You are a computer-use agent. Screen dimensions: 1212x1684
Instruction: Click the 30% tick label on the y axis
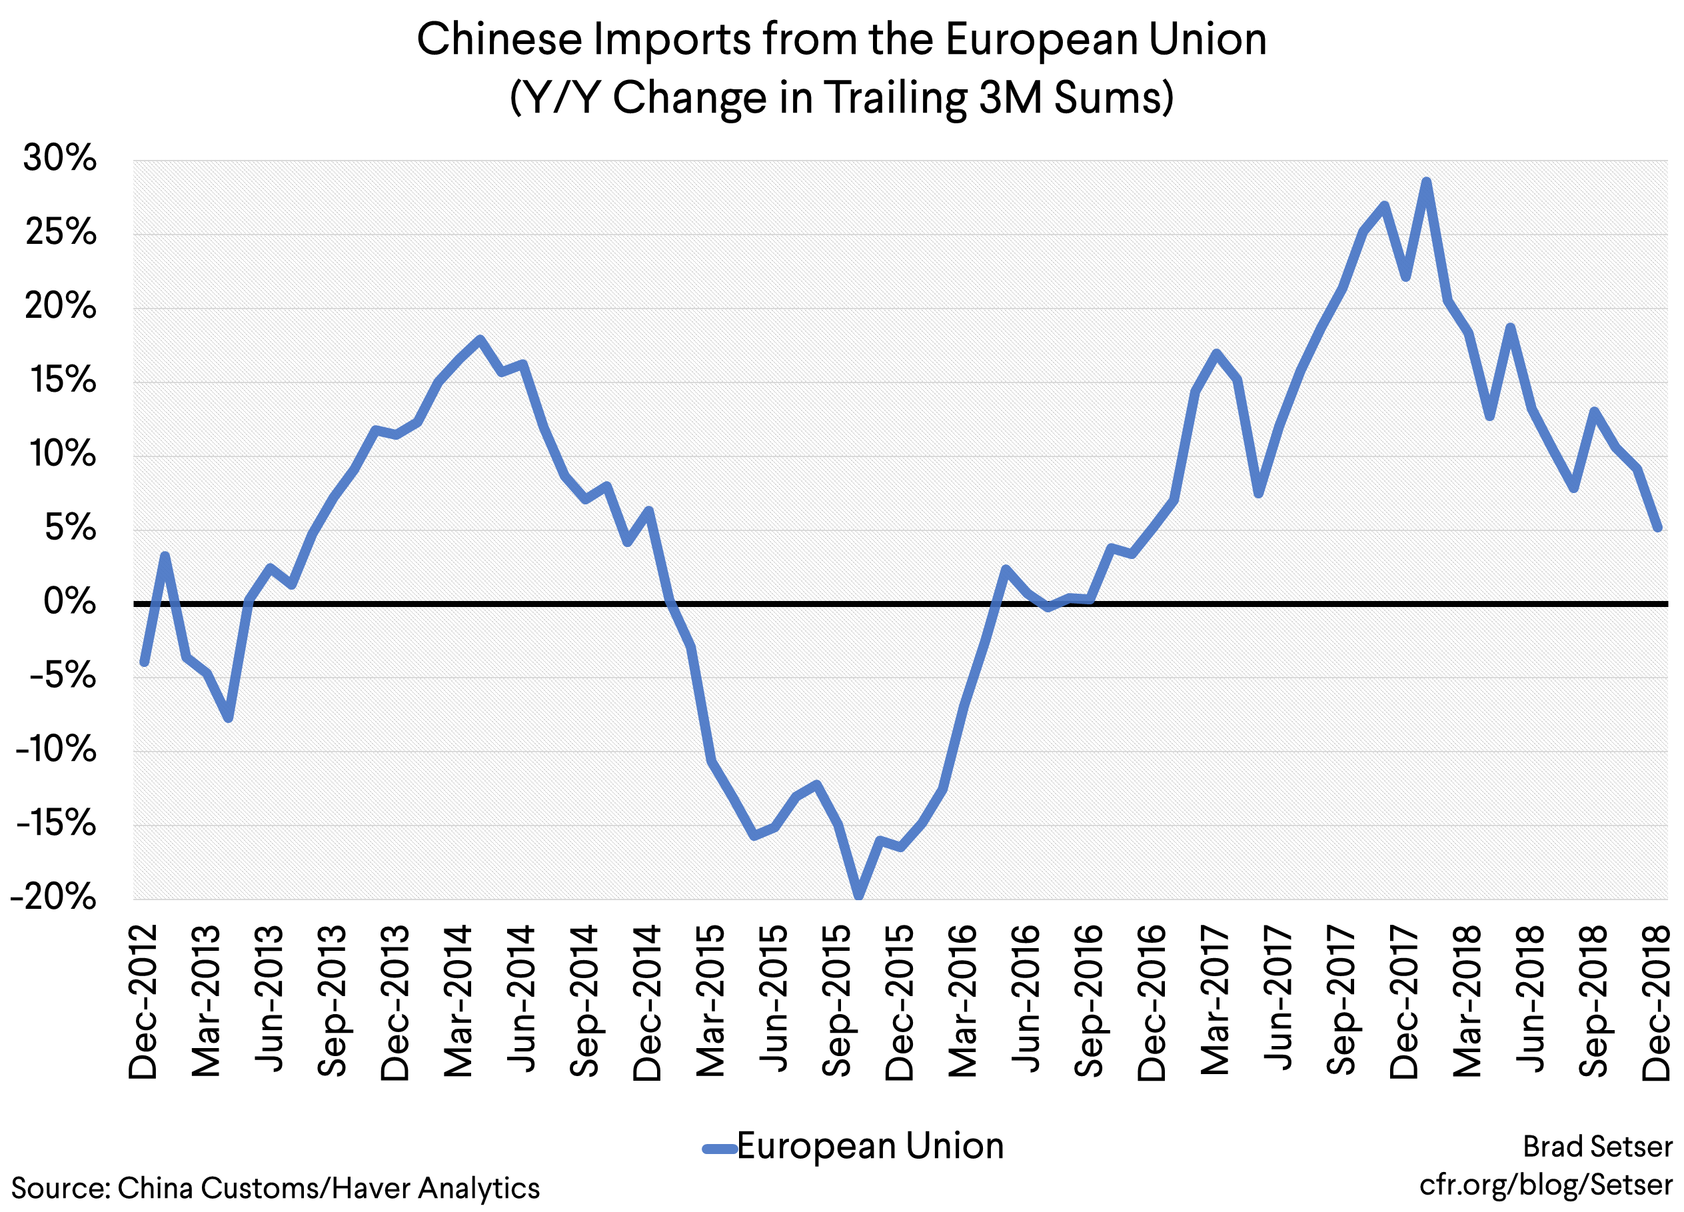[59, 158]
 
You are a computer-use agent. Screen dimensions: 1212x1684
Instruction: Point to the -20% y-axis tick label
[53, 898]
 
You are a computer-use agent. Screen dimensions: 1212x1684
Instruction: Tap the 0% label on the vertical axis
[69, 601]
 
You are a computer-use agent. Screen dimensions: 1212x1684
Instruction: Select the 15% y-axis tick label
[63, 380]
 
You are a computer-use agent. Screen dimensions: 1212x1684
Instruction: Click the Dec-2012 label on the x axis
[143, 1002]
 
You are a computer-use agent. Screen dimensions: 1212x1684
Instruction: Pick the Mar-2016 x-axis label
[964, 1002]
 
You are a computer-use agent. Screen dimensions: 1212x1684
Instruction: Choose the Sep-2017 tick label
[1341, 1002]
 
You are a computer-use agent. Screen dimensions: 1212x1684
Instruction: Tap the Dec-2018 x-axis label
[1657, 1002]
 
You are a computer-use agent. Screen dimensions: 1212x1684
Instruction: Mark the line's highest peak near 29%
[1426, 181]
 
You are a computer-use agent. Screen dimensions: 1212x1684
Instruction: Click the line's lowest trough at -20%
[859, 896]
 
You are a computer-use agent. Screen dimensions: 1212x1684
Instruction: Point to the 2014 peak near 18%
[480, 339]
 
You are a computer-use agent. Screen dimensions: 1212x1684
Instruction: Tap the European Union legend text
[870, 1146]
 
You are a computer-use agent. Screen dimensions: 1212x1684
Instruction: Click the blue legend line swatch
[719, 1149]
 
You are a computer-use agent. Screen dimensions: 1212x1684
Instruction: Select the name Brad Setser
[1597, 1147]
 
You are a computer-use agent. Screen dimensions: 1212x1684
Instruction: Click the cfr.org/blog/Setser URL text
[1546, 1185]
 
